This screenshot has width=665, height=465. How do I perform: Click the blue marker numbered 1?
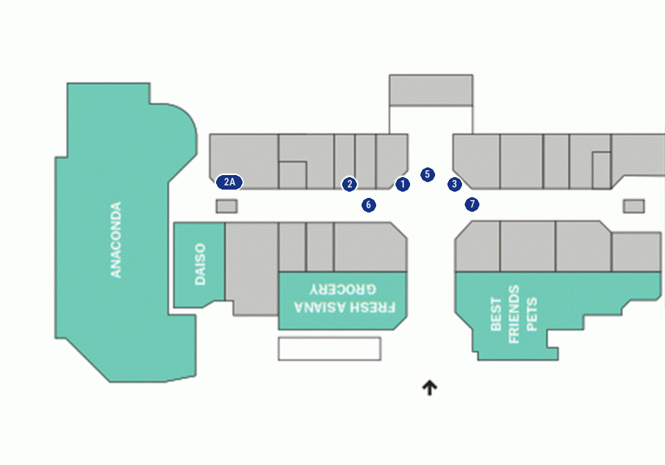click(402, 184)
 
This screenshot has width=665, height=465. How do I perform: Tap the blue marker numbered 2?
click(349, 184)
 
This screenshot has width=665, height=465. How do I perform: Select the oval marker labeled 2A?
click(229, 182)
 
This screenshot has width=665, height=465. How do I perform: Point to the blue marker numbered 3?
click(454, 184)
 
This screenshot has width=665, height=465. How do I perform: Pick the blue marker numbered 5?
click(427, 174)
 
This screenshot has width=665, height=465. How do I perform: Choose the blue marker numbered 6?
click(369, 205)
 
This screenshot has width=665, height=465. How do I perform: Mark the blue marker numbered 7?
click(472, 204)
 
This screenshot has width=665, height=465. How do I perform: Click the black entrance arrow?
click(429, 387)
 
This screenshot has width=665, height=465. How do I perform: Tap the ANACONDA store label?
click(116, 239)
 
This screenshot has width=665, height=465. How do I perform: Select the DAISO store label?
click(199, 264)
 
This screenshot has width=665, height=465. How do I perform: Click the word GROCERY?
click(343, 290)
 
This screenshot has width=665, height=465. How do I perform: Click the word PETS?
click(532, 314)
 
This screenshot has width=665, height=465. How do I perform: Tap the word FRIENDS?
click(513, 314)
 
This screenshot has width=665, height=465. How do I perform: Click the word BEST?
click(496, 314)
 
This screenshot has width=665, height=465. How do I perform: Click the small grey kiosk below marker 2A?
click(227, 206)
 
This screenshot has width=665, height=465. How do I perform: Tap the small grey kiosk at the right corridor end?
click(634, 206)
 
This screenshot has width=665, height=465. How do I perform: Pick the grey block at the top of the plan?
click(431, 90)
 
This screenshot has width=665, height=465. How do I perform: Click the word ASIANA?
click(320, 307)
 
